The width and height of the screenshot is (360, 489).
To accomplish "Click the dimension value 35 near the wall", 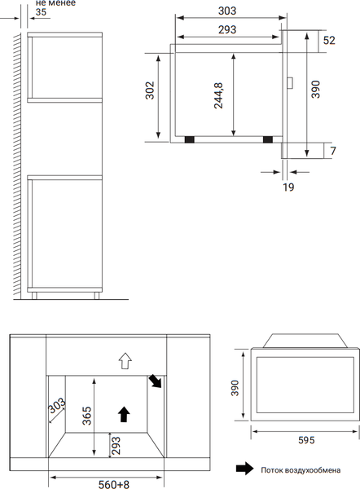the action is click(x=41, y=12).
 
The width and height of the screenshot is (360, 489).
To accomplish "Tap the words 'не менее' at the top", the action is click(x=55, y=2).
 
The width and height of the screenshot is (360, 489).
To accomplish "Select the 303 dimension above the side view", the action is click(x=227, y=11).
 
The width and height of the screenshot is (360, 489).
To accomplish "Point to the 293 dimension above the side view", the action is click(x=227, y=29).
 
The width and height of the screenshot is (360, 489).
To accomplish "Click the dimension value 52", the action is click(x=329, y=40).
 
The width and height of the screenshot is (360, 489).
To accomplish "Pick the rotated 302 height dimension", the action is click(x=150, y=90).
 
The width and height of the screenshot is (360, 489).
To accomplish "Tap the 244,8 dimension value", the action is click(x=218, y=95).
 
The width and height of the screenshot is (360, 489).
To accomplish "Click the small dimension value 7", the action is click(x=333, y=151).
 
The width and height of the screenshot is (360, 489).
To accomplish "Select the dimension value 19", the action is click(x=288, y=187).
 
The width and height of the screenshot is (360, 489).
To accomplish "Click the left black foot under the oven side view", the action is click(x=190, y=139).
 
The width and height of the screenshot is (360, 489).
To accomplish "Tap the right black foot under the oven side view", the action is click(x=268, y=139).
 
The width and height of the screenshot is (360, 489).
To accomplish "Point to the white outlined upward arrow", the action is click(x=125, y=361).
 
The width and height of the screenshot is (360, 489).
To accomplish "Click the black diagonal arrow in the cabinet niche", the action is click(x=156, y=381).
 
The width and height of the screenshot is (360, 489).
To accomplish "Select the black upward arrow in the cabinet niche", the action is click(x=124, y=414).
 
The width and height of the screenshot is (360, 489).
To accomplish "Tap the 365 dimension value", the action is click(x=87, y=416).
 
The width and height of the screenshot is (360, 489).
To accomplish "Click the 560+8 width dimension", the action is click(x=113, y=484).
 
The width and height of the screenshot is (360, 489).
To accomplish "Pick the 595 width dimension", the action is click(x=306, y=440).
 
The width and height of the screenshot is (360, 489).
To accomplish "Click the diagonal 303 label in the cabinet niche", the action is click(x=57, y=406).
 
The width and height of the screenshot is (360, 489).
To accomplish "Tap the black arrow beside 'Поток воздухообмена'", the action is click(x=244, y=469).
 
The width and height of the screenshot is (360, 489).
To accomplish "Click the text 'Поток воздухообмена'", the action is click(x=301, y=470).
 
